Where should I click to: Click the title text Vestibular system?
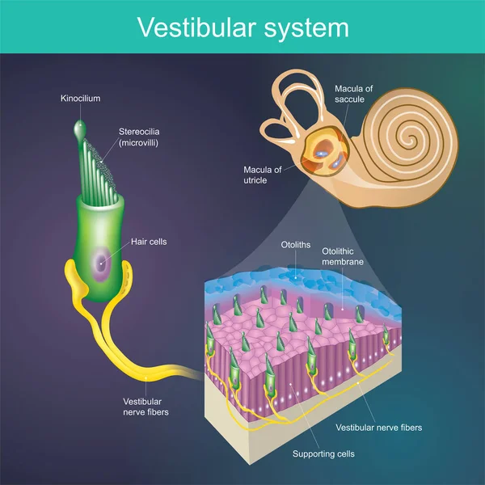point(242,27)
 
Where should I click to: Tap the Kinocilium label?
point(81,99)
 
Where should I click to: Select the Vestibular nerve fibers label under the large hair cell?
point(143,407)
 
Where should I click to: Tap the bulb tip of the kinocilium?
point(80,129)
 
